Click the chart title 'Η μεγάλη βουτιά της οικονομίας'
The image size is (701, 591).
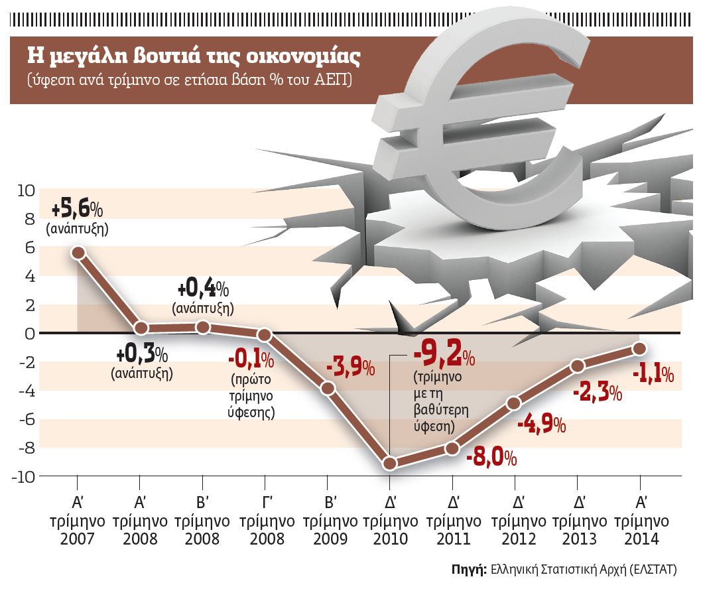click(192, 56)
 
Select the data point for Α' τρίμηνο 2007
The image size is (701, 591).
click(78, 253)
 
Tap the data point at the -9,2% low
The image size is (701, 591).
click(390, 464)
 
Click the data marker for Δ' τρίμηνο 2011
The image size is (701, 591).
click(452, 448)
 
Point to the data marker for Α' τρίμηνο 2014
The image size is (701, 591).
click(639, 348)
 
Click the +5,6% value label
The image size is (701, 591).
click(78, 210)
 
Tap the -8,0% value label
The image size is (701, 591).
click(491, 458)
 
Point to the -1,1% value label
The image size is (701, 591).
click(653, 375)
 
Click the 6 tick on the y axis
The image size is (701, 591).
click(29, 248)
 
